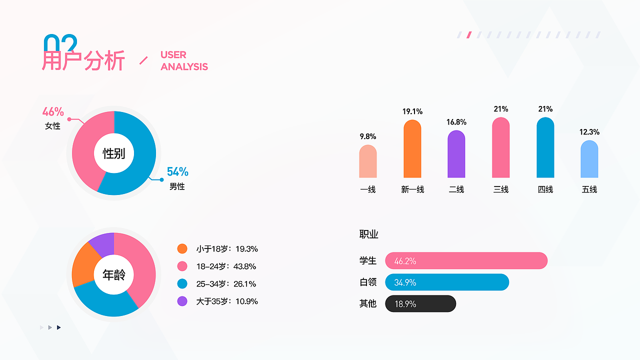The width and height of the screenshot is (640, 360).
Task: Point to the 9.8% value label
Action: (x=368, y=136)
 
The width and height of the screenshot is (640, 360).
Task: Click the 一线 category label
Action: (x=368, y=189)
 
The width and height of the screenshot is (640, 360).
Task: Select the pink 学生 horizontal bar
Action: (x=466, y=260)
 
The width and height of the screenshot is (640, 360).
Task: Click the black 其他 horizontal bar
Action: (x=420, y=303)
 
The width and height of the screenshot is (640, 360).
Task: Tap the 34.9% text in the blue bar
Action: (x=405, y=282)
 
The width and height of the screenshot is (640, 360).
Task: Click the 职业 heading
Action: (x=368, y=234)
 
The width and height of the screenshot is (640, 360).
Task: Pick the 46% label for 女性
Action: (x=53, y=112)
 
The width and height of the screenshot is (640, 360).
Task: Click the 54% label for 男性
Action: (x=177, y=172)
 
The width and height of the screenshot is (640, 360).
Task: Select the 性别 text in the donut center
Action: (x=114, y=153)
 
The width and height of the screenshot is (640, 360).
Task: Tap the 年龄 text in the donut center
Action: (x=114, y=274)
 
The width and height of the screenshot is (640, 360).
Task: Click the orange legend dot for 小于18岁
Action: (x=182, y=248)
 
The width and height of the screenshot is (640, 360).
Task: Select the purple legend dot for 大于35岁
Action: (x=182, y=301)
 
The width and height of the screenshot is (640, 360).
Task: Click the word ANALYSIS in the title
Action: (x=184, y=66)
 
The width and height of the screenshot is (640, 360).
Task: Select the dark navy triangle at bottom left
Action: (x=58, y=327)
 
